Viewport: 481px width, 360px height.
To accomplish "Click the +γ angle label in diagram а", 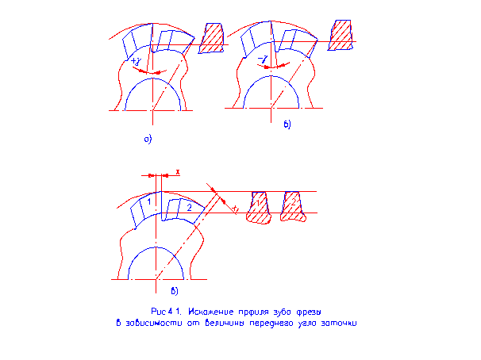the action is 137,60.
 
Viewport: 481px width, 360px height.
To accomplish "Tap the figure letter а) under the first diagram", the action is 147,140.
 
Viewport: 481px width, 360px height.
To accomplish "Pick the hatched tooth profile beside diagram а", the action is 212,38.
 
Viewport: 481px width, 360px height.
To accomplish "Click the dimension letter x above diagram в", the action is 178,170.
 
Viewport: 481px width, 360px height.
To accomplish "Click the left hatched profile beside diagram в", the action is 259,207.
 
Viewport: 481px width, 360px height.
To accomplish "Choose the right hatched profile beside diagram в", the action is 292,206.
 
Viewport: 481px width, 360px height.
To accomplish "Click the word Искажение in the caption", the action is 205,312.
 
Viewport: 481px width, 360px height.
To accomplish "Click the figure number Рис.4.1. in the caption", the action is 165,312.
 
